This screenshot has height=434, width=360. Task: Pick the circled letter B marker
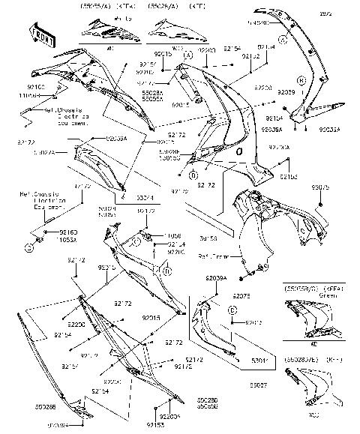300,79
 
